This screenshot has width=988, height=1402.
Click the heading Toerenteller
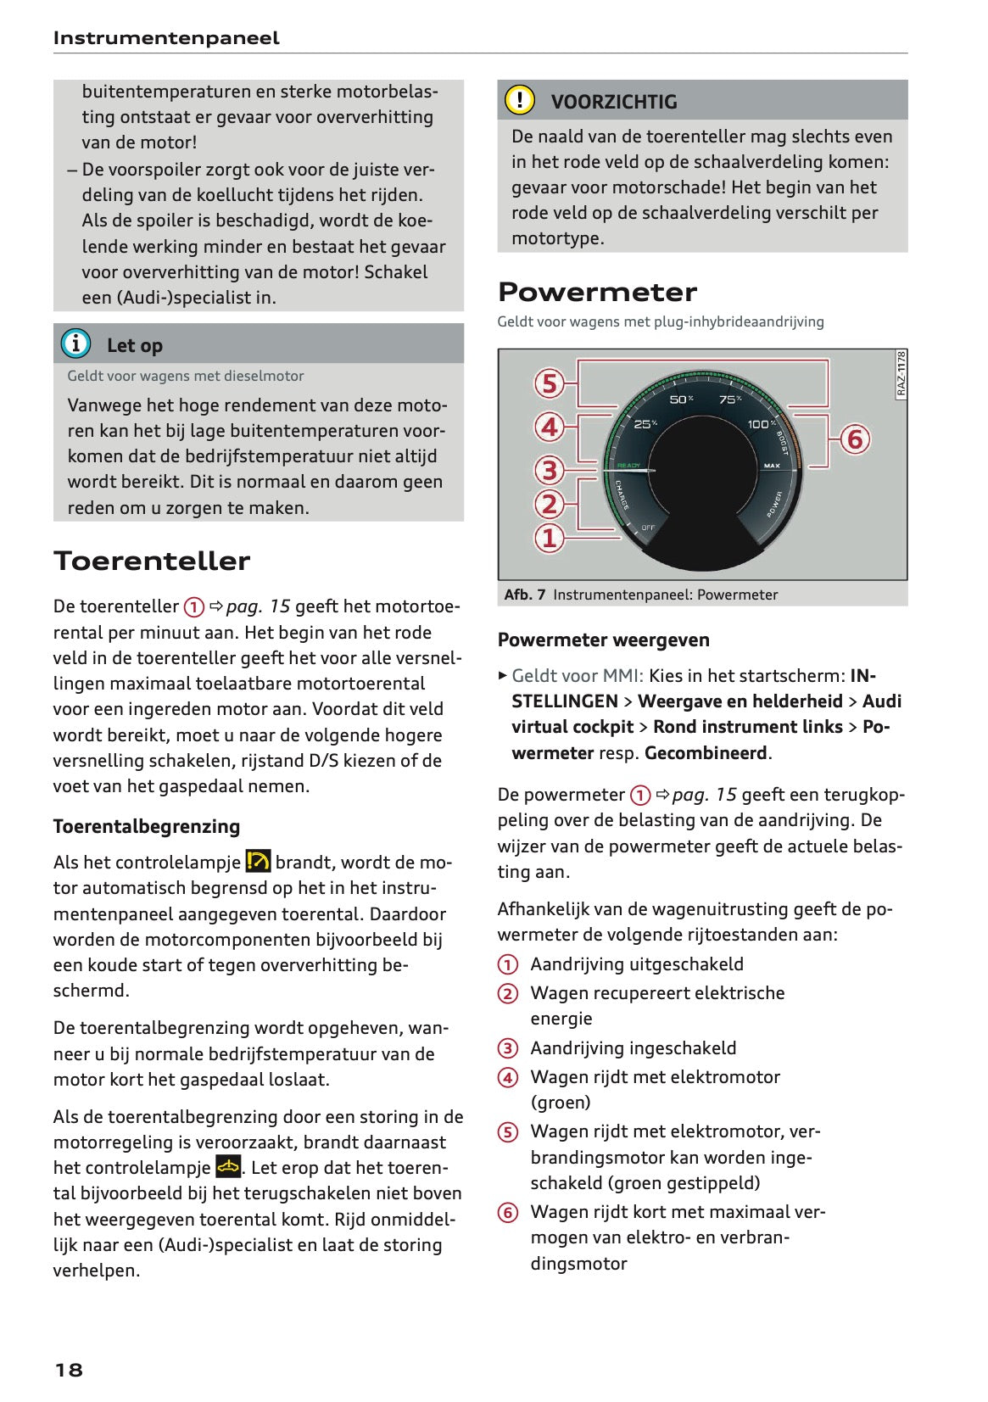click(152, 561)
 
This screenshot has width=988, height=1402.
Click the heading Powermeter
click(597, 292)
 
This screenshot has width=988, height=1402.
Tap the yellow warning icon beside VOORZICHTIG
click(519, 100)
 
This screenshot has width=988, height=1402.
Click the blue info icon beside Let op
click(75, 344)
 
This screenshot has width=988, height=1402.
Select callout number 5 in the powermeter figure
click(550, 383)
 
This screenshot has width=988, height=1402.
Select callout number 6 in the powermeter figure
click(854, 439)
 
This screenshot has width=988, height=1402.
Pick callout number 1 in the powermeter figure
click(550, 537)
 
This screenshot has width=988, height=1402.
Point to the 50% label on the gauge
click(682, 399)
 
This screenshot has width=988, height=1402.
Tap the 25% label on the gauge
click(645, 423)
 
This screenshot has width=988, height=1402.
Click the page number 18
click(69, 1370)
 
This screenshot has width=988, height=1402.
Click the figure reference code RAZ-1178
click(901, 374)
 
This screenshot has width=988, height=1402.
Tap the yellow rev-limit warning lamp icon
click(258, 861)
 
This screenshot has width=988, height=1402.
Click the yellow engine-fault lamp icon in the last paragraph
click(228, 1166)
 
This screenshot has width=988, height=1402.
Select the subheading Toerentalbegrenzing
click(147, 826)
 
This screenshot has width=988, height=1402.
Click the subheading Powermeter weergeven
click(603, 640)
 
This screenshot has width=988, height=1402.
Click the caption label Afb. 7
click(524, 595)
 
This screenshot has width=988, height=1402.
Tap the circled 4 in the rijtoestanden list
click(507, 1077)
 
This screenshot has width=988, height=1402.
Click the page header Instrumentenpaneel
click(166, 38)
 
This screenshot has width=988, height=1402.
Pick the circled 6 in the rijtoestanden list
click(507, 1212)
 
